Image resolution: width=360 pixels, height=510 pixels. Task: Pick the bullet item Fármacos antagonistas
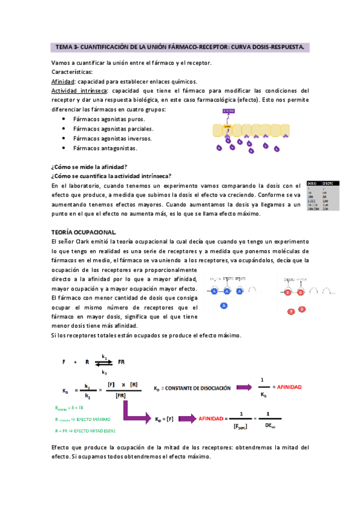click(105, 148)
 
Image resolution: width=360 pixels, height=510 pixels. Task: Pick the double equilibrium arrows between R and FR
click(105, 362)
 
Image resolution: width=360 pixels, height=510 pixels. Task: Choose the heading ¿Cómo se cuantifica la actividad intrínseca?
click(111, 176)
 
